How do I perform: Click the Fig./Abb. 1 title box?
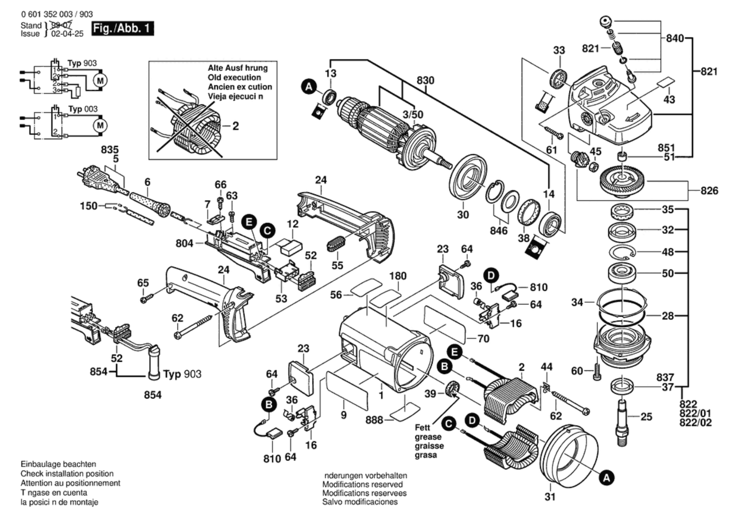(x=122, y=29)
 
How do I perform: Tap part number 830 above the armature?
(x=425, y=81)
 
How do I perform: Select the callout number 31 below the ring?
(x=550, y=497)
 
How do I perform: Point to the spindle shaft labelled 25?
(x=623, y=421)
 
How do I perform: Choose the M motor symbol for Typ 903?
(x=100, y=81)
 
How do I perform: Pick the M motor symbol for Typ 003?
(x=100, y=125)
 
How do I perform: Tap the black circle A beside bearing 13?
(x=309, y=87)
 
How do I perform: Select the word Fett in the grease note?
(x=422, y=428)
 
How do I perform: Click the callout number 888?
(x=374, y=420)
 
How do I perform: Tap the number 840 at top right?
(x=675, y=38)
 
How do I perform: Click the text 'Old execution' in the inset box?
(x=234, y=77)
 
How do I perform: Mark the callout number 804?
(x=184, y=243)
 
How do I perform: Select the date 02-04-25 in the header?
(x=67, y=34)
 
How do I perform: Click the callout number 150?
(x=88, y=206)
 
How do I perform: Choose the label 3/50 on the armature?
(x=413, y=114)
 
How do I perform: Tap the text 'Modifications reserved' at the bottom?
(x=362, y=484)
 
